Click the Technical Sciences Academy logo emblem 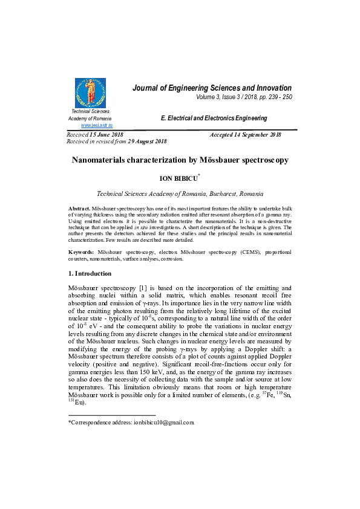pos(90,93)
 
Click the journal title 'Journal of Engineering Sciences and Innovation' pos(212,88)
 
